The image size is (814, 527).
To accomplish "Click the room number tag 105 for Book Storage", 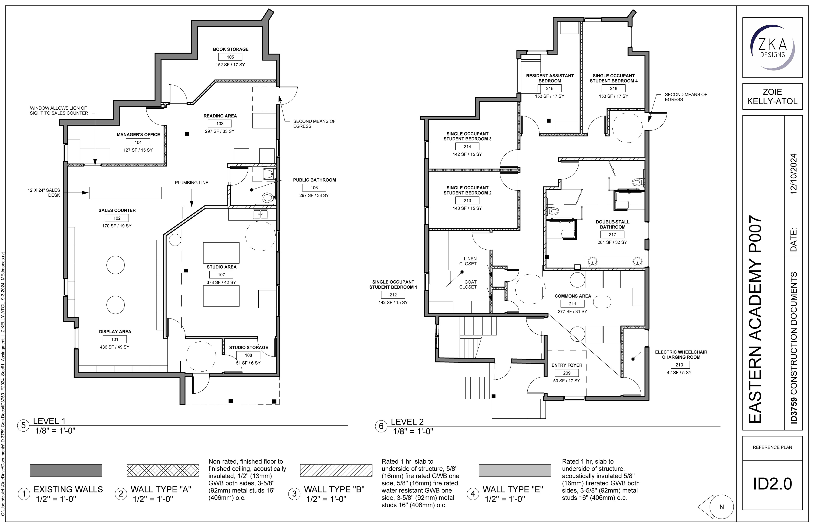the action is tap(230, 57).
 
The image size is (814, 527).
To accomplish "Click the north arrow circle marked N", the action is tap(721, 507).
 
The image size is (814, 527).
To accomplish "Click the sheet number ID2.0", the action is tap(772, 484).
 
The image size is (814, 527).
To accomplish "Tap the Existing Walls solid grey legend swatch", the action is tap(66, 470).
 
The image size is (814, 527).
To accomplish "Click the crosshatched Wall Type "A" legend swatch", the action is tap(163, 470).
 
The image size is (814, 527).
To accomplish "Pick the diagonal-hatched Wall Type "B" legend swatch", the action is tap(336, 470).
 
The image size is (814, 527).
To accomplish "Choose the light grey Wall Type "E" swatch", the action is tap(515, 470).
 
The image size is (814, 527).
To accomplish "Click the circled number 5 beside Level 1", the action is tap(23, 425).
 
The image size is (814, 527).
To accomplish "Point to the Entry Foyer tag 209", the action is tap(567, 373).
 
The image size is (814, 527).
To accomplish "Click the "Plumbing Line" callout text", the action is tap(192, 183).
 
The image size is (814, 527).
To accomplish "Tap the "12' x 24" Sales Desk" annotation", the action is tap(44, 193).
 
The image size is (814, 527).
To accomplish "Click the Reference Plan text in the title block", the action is tap(772, 447).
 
